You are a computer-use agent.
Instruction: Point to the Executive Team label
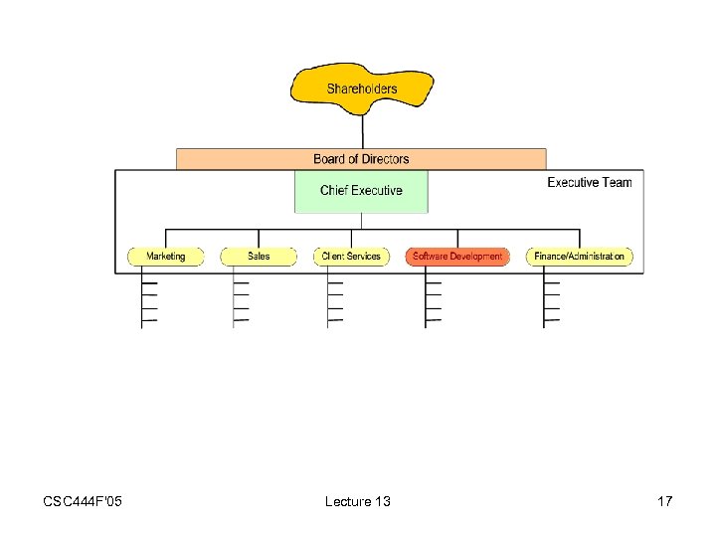point(589,182)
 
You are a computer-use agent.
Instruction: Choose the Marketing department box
point(165,257)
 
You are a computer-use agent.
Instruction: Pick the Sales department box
point(259,257)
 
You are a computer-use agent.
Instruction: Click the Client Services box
point(351,257)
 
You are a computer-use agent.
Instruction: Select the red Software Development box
point(457,257)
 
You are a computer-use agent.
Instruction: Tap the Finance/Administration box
point(579,257)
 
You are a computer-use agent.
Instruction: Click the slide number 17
point(664,501)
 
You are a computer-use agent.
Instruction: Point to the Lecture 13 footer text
point(357,501)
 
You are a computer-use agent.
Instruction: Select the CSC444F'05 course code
point(84,501)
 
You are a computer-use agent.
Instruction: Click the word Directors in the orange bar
point(385,159)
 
